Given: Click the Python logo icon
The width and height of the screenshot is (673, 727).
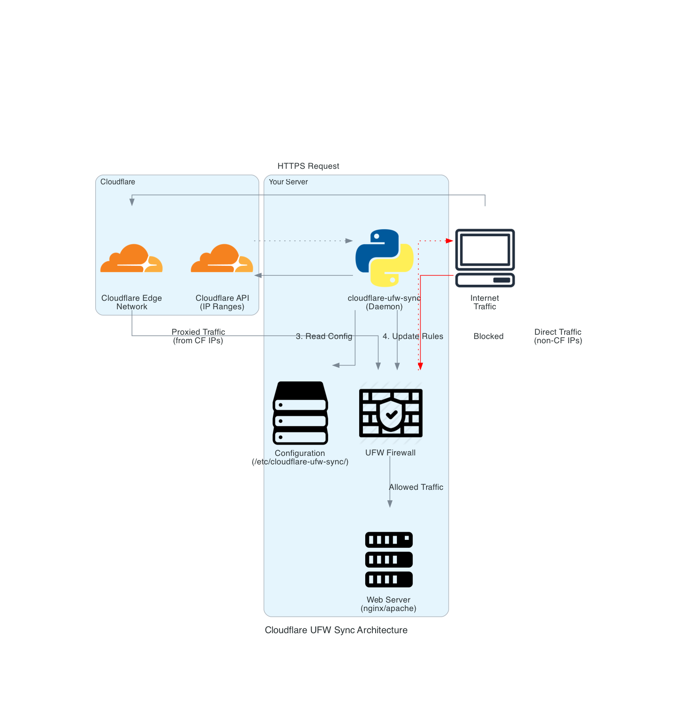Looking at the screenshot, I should (x=385, y=258).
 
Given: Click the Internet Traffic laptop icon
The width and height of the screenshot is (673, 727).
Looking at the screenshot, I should (x=485, y=258).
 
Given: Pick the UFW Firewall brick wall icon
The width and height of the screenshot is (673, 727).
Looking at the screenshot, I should (x=391, y=413).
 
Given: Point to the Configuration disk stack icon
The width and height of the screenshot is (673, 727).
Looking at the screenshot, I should (x=300, y=413).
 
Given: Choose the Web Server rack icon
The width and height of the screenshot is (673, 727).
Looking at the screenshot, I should (x=389, y=560).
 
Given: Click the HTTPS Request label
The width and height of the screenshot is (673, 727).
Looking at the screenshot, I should (x=308, y=166).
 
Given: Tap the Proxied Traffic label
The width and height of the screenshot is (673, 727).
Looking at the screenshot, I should (x=198, y=336).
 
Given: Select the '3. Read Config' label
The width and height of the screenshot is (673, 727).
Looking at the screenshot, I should (x=324, y=336).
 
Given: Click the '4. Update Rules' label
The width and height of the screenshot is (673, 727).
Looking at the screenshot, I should (x=413, y=336).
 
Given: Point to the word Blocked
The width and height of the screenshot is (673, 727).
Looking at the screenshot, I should (x=488, y=336).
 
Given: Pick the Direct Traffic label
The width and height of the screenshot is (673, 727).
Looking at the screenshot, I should (x=558, y=336).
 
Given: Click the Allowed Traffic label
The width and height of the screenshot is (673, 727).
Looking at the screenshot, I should (x=416, y=487).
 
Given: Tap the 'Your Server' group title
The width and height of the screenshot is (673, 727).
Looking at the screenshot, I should (x=288, y=182).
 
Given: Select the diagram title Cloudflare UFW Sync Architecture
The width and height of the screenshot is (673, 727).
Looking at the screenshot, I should (x=336, y=630).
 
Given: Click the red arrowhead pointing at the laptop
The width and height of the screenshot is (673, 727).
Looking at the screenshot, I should (x=450, y=241).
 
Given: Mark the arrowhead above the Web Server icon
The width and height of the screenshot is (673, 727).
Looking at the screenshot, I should (x=390, y=504).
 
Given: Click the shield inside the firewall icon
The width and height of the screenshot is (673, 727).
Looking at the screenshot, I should (x=391, y=414).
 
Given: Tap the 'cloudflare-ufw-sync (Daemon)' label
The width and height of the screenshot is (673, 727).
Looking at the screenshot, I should (x=384, y=302).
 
